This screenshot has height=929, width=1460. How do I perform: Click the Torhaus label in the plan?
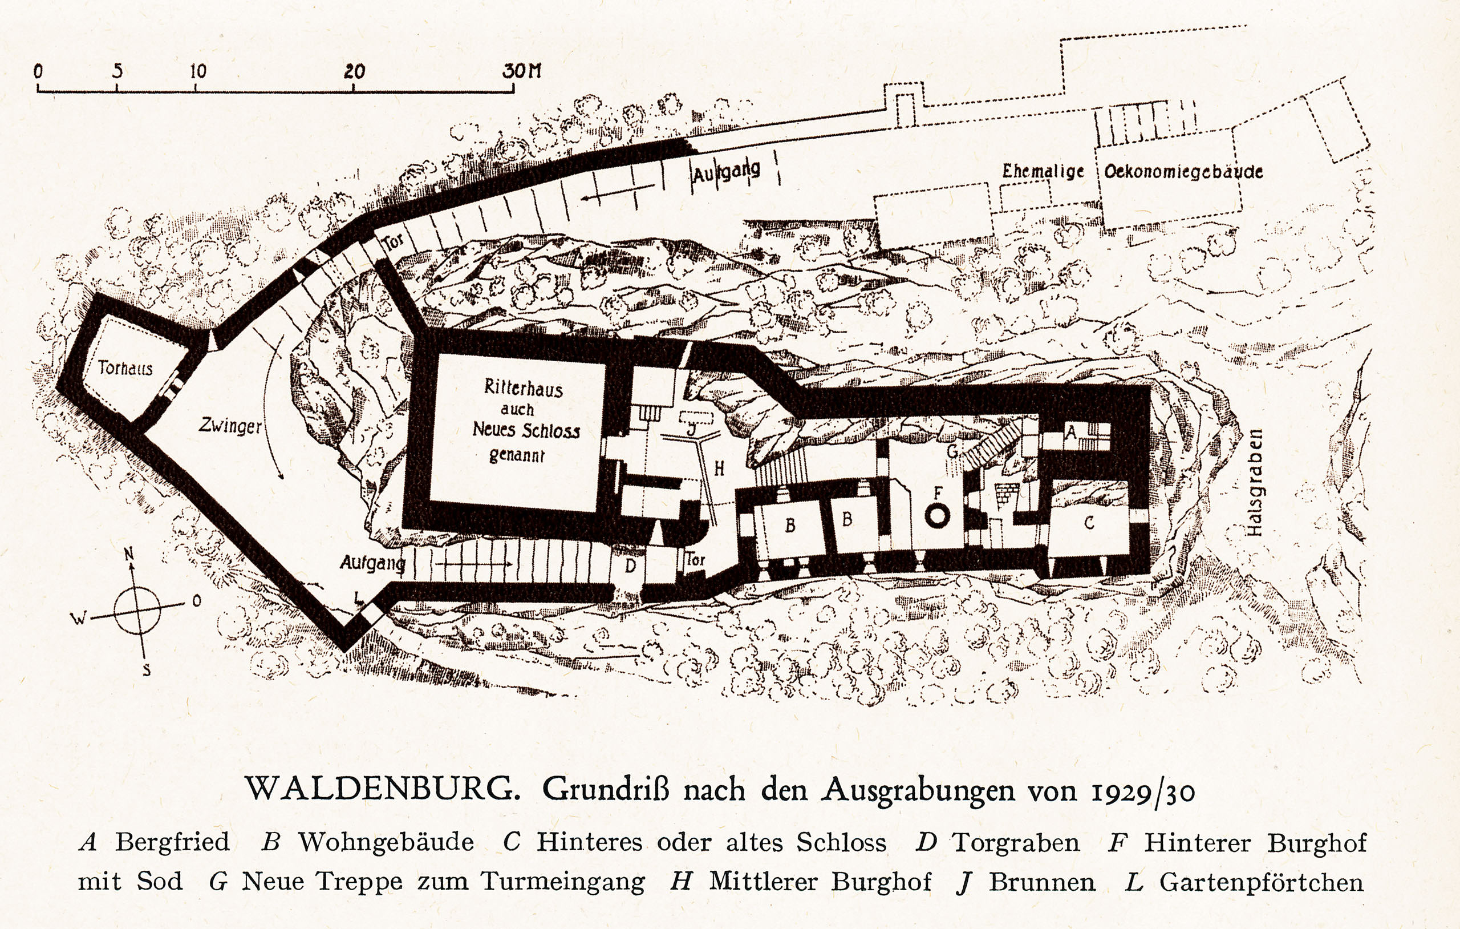(x=125, y=367)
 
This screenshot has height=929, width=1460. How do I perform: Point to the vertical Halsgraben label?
(x=1255, y=482)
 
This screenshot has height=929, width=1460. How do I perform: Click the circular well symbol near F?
(x=937, y=516)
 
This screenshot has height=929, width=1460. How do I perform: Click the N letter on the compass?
(x=128, y=554)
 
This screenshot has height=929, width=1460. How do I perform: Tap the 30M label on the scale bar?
(x=521, y=71)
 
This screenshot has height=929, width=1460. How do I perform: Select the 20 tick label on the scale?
(x=354, y=71)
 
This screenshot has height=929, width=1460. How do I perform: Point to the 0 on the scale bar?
(x=38, y=71)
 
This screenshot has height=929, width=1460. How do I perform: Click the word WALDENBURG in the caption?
(x=382, y=789)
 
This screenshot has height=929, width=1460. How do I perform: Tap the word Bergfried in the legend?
(x=172, y=842)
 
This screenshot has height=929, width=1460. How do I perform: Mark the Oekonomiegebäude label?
(x=1183, y=172)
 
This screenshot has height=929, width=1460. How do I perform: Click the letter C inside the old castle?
(x=1089, y=523)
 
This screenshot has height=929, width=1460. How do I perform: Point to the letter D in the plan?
(x=631, y=566)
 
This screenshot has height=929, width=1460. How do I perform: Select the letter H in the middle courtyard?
(x=719, y=468)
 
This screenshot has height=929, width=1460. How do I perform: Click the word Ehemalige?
(x=1043, y=171)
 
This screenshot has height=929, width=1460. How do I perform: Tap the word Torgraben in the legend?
(x=1016, y=843)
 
